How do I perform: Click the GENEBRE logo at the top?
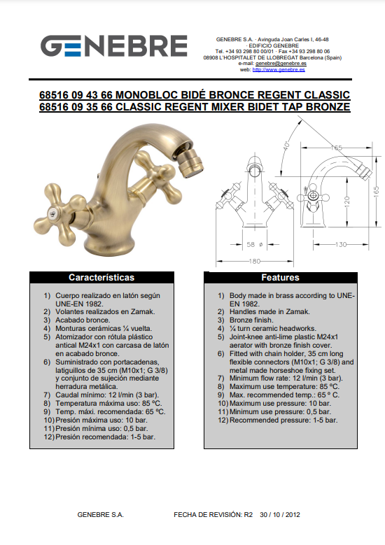click(x=113, y=46)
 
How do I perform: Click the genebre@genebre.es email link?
click(x=281, y=64)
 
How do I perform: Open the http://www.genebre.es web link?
click(x=279, y=69)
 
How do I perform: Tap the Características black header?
click(x=101, y=277)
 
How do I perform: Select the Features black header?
click(x=280, y=277)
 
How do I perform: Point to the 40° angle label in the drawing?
click(x=286, y=144)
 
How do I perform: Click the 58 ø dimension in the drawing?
click(x=255, y=244)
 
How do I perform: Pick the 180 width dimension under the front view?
click(x=255, y=261)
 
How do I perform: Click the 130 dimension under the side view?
click(x=341, y=244)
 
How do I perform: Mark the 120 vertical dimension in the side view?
click(x=347, y=201)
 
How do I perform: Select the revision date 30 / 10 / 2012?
click(x=279, y=515)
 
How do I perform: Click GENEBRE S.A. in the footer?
click(x=101, y=515)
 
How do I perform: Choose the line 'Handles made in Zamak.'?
click(x=269, y=312)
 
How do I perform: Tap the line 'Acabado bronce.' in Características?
click(x=83, y=320)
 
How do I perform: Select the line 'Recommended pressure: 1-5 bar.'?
click(x=283, y=420)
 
